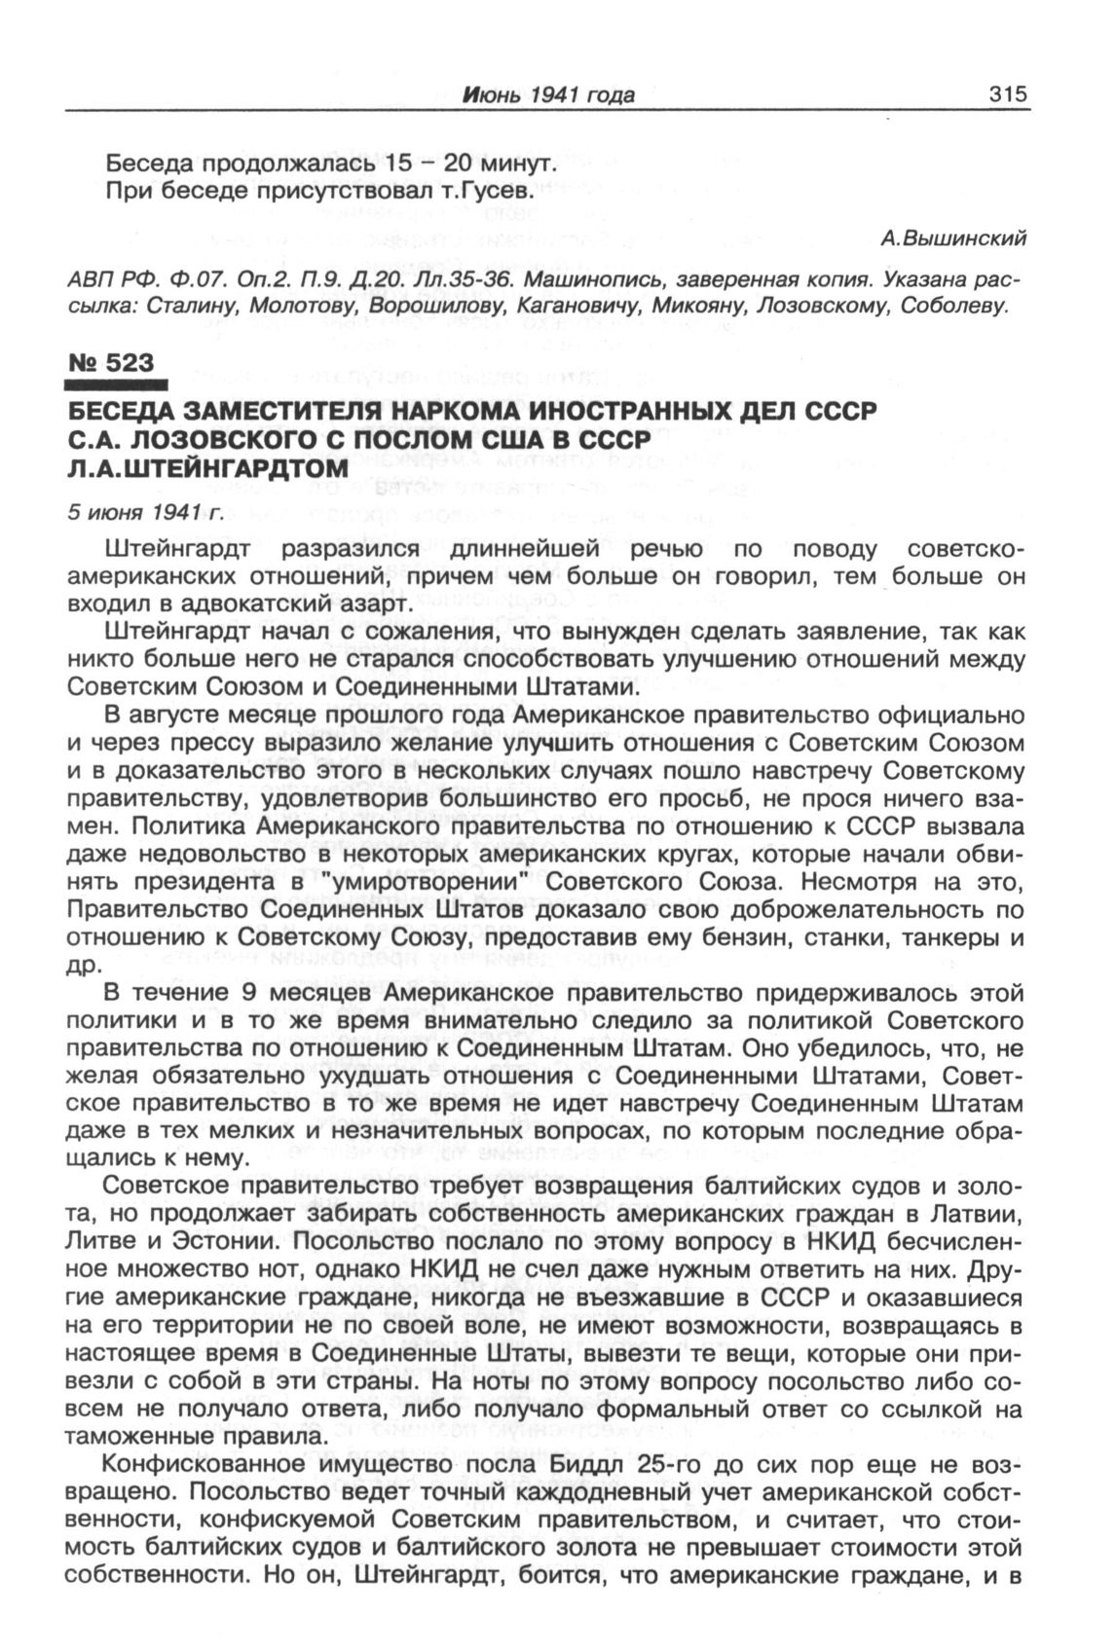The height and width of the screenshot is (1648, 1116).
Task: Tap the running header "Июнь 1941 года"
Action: tap(549, 95)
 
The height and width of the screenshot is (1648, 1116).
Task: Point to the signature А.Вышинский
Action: tap(954, 238)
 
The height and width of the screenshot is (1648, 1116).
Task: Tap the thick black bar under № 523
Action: tap(117, 385)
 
